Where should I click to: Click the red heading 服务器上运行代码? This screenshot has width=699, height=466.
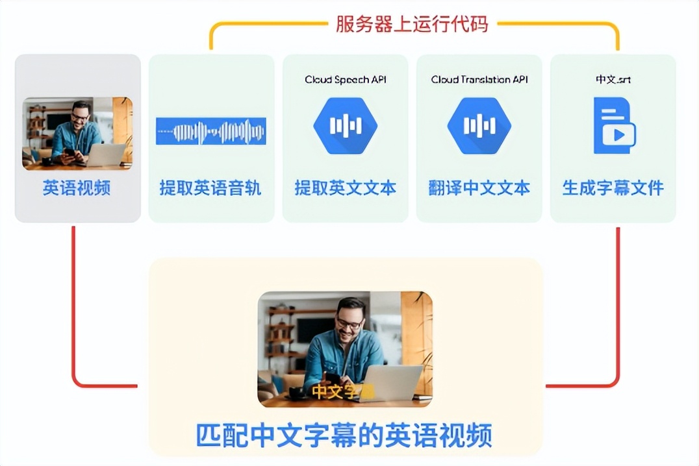411,25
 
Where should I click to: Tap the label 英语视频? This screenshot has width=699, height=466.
77,188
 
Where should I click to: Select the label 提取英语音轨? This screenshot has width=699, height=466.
210,188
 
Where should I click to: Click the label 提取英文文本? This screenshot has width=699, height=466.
345,188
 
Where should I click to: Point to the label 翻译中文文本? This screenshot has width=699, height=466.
479,188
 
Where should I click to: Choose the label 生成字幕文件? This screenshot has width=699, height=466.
613,188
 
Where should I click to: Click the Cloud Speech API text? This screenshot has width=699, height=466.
345,80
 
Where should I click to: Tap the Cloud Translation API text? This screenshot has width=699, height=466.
479,80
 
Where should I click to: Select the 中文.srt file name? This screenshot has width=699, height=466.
613,80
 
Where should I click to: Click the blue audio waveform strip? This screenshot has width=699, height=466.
210,132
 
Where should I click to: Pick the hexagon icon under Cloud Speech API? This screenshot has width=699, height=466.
345,126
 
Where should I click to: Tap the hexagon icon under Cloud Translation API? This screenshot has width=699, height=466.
479,126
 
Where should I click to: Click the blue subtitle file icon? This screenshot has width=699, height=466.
614,126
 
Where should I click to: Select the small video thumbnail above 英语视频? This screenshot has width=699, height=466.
77,134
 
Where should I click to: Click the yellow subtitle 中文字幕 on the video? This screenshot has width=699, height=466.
342,392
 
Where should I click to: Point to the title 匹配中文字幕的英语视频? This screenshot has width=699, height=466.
344,435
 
